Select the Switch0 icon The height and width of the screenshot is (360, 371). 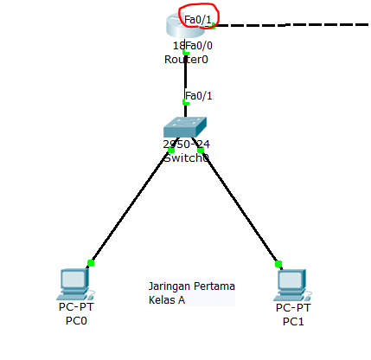[x=185, y=128]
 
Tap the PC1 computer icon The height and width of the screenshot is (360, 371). [x=291, y=283]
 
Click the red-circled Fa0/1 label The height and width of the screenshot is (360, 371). [x=199, y=16]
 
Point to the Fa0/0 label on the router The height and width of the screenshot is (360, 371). [x=200, y=45]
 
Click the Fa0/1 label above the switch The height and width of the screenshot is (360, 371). [x=199, y=95]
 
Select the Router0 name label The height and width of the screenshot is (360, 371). [x=186, y=60]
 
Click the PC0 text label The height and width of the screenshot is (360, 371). [x=77, y=320]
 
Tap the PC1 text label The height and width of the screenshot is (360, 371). [x=293, y=321]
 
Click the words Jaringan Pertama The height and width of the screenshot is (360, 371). [x=192, y=286]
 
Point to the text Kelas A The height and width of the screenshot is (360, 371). [x=167, y=300]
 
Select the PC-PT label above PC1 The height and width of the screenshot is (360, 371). [x=293, y=307]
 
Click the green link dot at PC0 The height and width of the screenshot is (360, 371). [x=90, y=263]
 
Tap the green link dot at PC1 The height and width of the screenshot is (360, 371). [x=278, y=264]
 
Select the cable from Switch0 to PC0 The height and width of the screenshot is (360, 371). [x=130, y=208]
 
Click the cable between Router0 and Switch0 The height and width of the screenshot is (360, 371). [x=185, y=78]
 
